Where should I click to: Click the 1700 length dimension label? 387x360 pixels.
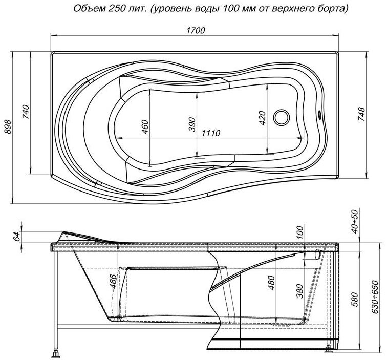(x=196, y=30)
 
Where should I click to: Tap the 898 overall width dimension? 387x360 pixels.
(x=8, y=127)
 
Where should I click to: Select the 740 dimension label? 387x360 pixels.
(x=26, y=112)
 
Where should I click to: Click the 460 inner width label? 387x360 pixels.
(x=145, y=127)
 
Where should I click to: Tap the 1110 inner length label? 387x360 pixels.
(x=211, y=133)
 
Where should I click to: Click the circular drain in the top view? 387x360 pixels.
(x=282, y=117)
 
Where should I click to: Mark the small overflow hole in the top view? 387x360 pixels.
(x=319, y=114)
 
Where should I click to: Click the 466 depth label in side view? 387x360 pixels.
(x=113, y=281)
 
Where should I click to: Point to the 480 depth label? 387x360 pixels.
(x=271, y=283)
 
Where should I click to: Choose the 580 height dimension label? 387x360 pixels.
(x=354, y=300)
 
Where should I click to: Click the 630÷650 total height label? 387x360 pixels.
(x=375, y=297)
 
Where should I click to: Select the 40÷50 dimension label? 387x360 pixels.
(x=354, y=222)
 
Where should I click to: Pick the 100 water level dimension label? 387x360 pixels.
(x=299, y=232)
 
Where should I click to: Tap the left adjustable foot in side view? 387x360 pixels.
(x=56, y=354)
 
